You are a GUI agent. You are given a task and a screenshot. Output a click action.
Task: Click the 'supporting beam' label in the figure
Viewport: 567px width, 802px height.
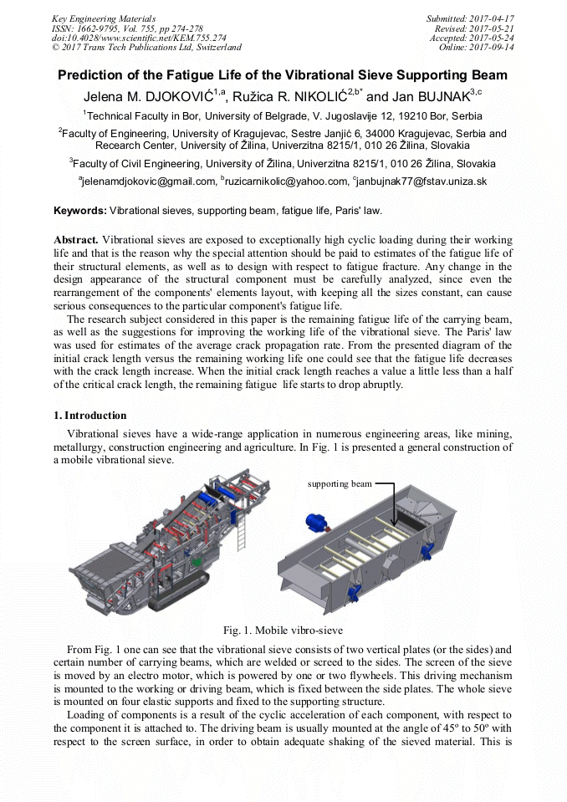pos(340,483)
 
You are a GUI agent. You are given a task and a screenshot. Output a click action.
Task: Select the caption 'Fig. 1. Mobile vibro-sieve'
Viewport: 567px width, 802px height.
pos(283,630)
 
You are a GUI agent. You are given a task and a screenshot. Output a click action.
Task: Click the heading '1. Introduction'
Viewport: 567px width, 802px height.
pos(90,416)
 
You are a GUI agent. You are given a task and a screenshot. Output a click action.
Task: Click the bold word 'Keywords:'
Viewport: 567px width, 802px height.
pos(80,211)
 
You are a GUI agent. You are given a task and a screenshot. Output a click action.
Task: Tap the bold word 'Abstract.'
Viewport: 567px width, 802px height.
pos(76,239)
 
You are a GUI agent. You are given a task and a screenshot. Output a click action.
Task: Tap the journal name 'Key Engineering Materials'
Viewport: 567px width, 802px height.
pos(103,18)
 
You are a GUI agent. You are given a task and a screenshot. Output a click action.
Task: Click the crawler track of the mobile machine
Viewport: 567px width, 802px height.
pos(179,600)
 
